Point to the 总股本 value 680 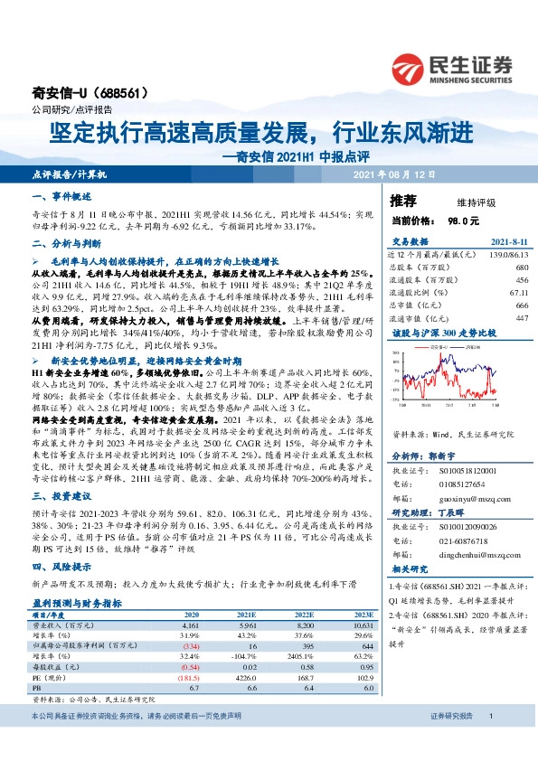coord(522,268)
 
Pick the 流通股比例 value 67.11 coord(516,293)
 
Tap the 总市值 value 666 coord(522,305)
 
